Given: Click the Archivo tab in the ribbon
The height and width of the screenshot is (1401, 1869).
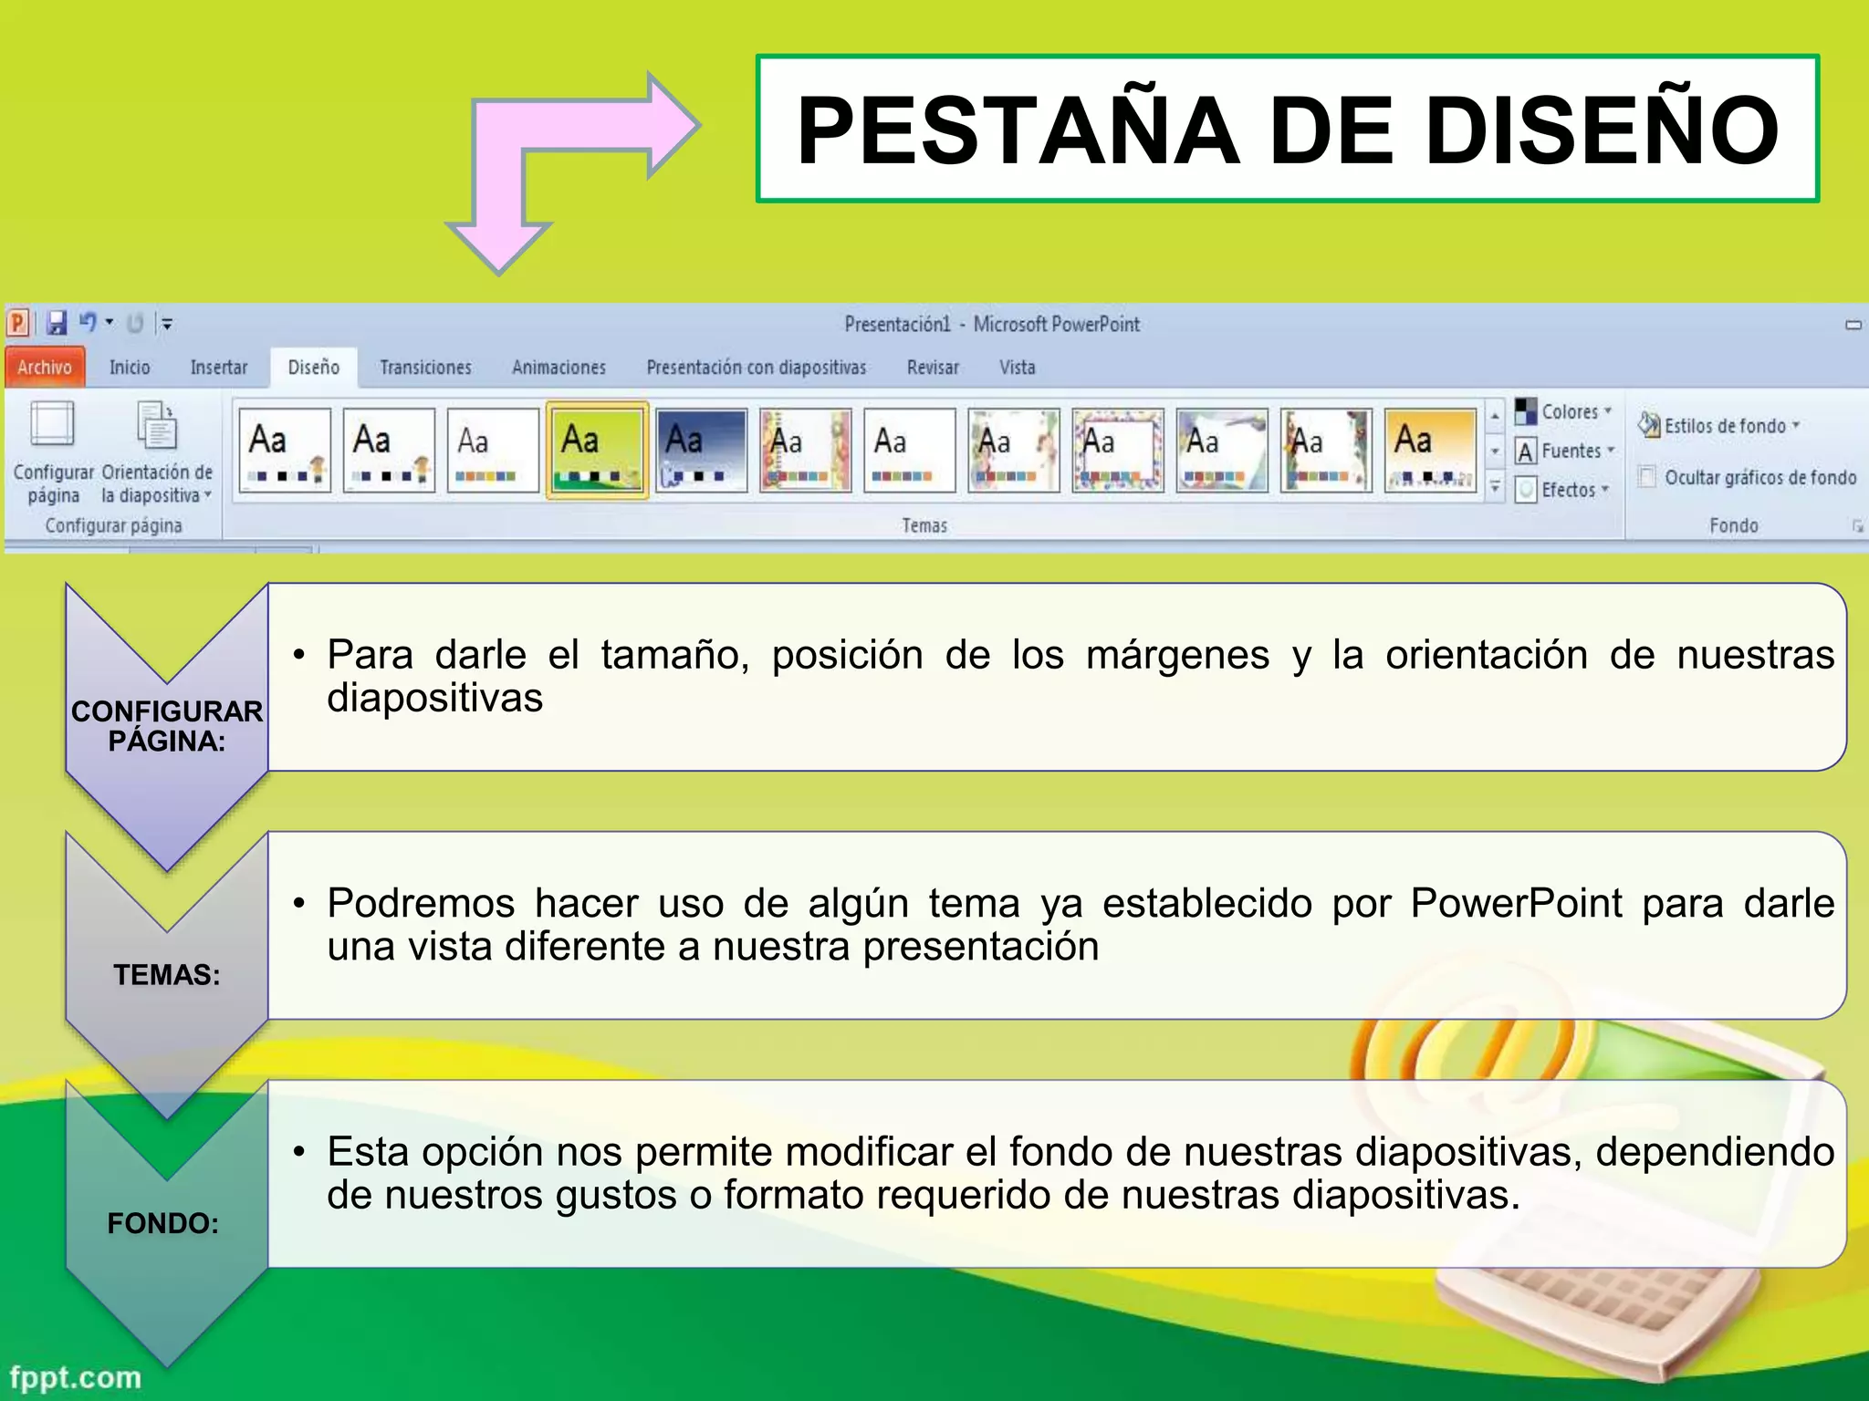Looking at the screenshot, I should (45, 368).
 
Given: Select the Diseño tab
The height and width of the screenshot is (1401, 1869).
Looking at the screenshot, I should (313, 368).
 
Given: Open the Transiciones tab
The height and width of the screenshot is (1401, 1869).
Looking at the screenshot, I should (425, 368).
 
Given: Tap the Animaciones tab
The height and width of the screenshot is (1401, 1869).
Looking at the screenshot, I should (559, 368).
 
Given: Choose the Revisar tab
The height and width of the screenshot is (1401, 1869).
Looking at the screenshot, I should (933, 368).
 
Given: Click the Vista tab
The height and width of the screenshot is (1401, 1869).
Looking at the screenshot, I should (1017, 368).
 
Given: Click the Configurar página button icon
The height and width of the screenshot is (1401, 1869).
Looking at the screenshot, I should (53, 425).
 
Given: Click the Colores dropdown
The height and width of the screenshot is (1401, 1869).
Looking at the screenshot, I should (1564, 412).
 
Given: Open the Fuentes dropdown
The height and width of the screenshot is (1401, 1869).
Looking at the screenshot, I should (1564, 451).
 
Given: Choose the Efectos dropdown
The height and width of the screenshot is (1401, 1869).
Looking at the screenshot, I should (1564, 491).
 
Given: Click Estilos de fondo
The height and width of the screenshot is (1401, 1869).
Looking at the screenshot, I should (1719, 426).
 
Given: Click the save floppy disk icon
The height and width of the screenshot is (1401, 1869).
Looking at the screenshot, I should (57, 323).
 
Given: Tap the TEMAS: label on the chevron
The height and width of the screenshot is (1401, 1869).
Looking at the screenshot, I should (167, 975).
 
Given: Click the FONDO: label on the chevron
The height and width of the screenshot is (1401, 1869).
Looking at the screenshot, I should (163, 1223).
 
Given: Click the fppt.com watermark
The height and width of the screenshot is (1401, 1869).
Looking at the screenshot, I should (76, 1377).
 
